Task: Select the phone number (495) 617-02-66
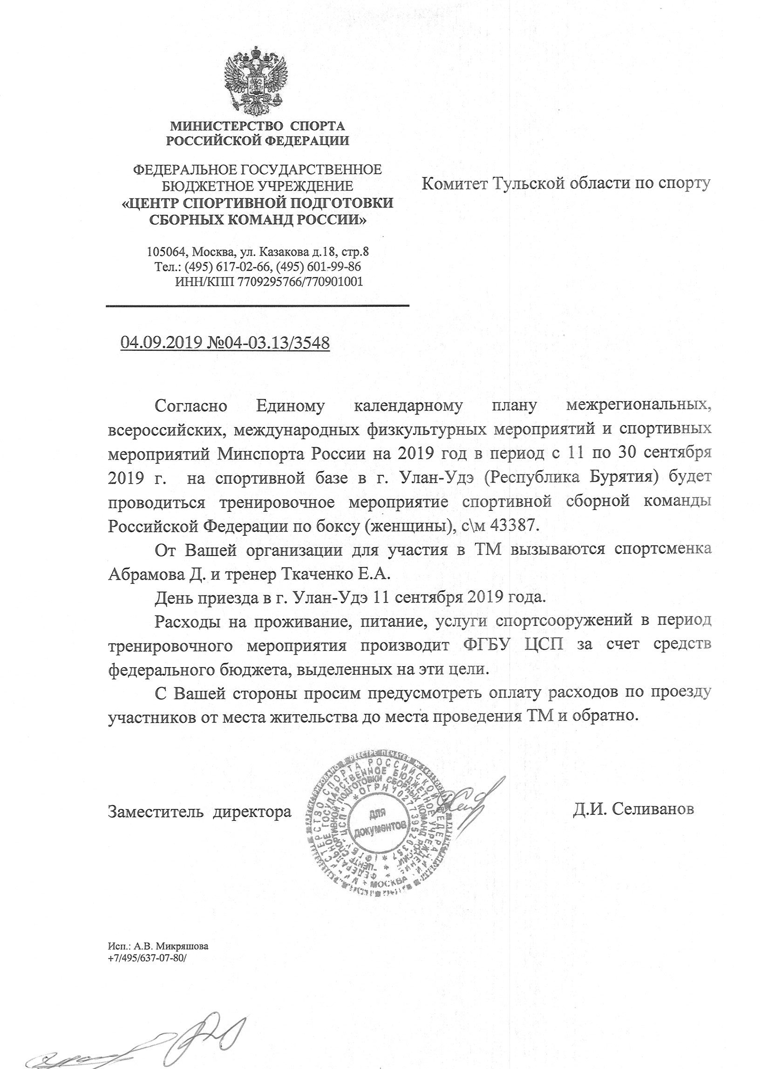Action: (x=229, y=267)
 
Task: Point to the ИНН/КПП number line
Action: (x=268, y=282)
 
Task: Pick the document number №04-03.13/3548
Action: (x=268, y=343)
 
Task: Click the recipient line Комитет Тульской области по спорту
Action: (x=565, y=183)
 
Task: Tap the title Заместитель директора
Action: (x=200, y=810)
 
